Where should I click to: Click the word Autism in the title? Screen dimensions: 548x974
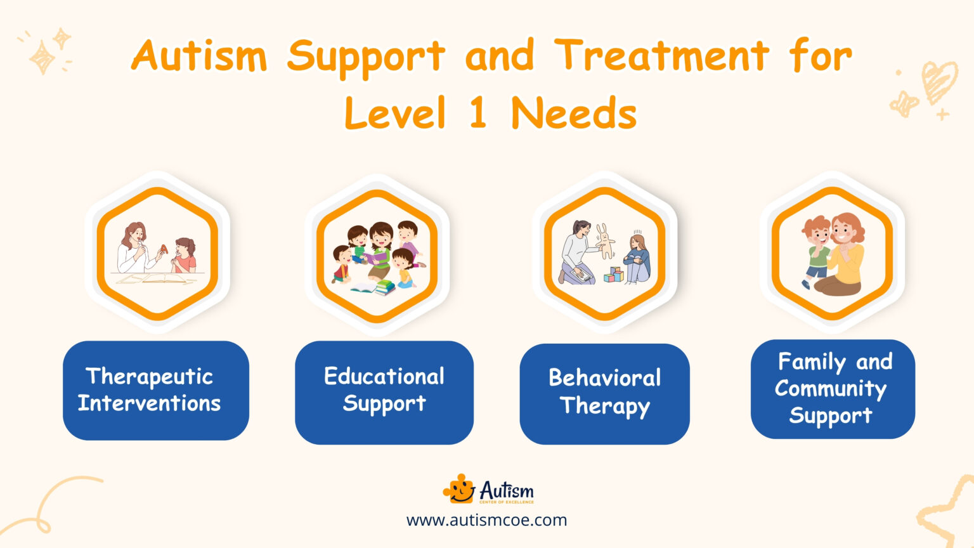pos(200,56)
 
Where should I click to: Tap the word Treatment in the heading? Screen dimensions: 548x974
pos(661,56)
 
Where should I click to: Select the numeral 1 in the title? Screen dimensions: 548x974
pos(477,113)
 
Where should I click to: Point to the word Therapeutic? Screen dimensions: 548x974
pos(150,377)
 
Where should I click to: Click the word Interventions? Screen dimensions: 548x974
pos(150,403)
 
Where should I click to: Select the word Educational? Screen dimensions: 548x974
pos(384,376)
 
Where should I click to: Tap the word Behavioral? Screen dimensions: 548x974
pos(604,378)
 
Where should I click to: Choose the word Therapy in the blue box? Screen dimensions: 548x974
pos(604,406)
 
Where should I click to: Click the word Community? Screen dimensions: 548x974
pos(831,389)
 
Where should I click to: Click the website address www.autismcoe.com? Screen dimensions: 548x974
pos(486,520)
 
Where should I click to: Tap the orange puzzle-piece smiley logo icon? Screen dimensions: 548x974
pos(459,490)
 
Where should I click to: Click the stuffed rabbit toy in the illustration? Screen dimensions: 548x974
pos(606,240)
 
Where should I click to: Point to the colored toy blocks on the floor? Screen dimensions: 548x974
pos(613,275)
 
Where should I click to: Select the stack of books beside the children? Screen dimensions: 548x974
pos(384,287)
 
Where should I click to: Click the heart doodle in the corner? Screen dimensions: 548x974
pos(938,81)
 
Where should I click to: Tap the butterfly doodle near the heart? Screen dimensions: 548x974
pos(904,103)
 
